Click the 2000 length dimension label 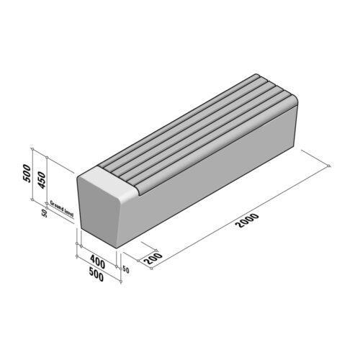[247, 225]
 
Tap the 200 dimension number [151, 258]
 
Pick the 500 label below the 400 [96, 275]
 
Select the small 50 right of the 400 [125, 269]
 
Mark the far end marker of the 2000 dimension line [328, 167]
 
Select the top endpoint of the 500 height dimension [32, 149]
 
